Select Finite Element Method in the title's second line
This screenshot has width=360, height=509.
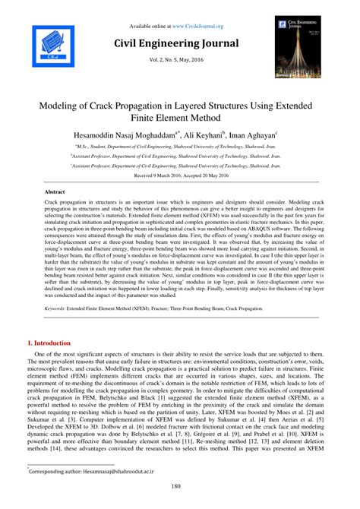[180, 117]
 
